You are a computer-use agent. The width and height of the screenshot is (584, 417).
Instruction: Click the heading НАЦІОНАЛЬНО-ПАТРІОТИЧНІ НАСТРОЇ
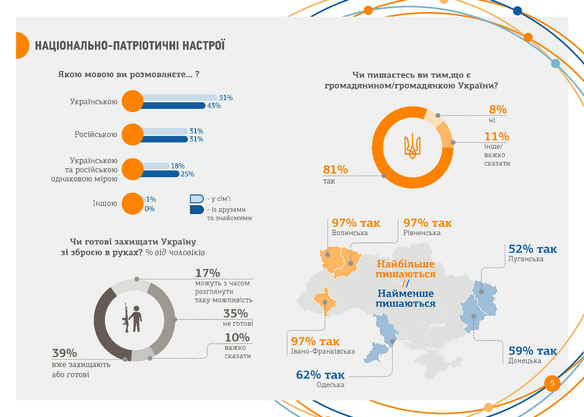(x=130, y=45)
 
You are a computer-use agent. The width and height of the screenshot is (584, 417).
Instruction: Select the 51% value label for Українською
(x=226, y=97)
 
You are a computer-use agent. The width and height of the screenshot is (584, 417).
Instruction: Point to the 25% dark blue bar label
(x=187, y=174)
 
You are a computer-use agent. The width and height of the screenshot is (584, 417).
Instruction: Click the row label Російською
(x=96, y=134)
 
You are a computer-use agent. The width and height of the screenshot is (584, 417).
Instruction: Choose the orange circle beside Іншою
(x=132, y=204)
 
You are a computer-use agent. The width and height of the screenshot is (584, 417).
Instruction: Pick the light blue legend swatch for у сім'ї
(x=197, y=199)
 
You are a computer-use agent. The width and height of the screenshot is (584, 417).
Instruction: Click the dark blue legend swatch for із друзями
(x=197, y=210)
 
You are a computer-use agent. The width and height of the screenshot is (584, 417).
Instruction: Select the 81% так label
(x=335, y=169)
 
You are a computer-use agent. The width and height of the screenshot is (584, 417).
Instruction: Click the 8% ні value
(x=497, y=109)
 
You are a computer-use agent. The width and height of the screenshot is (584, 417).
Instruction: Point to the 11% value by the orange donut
(x=496, y=137)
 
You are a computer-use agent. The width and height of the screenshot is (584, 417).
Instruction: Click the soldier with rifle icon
(x=133, y=318)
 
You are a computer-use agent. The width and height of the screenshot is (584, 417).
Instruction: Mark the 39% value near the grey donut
(x=65, y=353)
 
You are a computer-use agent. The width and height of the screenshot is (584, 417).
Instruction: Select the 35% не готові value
(x=236, y=313)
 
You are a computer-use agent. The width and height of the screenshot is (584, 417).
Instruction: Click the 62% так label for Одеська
(x=320, y=375)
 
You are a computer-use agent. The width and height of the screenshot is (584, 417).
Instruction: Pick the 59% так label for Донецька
(x=532, y=350)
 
